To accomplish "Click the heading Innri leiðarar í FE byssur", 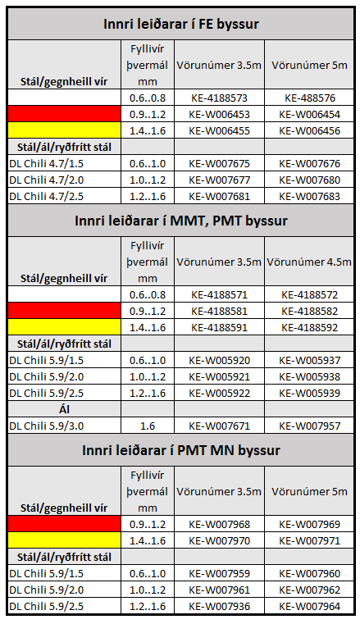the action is (x=180, y=24).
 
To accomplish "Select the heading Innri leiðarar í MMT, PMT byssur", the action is (x=180, y=221).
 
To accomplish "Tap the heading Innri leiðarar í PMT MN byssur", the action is (x=180, y=450).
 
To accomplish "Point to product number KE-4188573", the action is (x=219, y=98).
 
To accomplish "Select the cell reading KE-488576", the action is (x=311, y=98).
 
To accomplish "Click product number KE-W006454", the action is (x=311, y=114).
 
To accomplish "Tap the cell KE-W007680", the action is (x=311, y=180).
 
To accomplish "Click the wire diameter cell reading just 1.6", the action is (x=148, y=426).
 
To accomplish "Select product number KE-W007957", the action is (x=311, y=426).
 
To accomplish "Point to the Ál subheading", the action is (x=64, y=409).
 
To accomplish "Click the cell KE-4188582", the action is (x=311, y=311).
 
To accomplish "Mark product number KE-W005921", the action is (x=219, y=376).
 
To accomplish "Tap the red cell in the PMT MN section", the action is (x=64, y=524).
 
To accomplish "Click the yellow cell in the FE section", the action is (x=64, y=130).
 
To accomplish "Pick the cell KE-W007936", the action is (x=219, y=606).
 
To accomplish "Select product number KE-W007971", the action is (x=311, y=540).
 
